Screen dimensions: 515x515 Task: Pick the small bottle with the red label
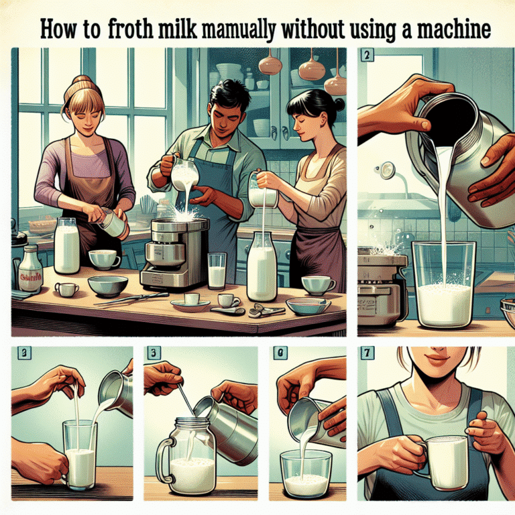30,269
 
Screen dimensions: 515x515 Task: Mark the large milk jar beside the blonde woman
66,246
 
